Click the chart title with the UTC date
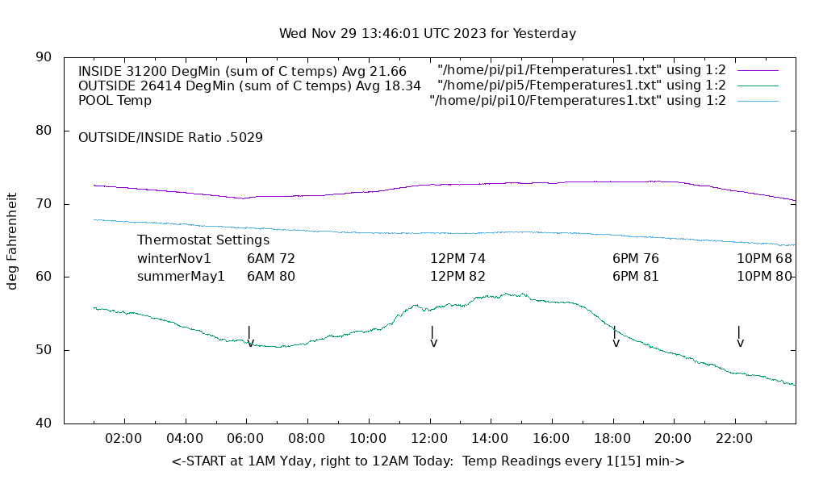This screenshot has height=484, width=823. (428, 34)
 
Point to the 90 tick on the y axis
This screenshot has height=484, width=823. (44, 57)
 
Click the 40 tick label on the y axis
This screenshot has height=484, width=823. (44, 423)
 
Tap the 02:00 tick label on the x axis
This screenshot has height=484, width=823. (124, 439)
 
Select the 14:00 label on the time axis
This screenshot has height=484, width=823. (490, 439)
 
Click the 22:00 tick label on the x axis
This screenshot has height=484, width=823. (734, 439)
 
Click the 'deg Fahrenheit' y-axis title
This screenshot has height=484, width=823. (12, 240)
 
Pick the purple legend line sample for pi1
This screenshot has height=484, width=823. (758, 70)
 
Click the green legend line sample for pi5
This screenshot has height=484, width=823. (758, 86)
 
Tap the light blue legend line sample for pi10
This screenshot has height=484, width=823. (758, 101)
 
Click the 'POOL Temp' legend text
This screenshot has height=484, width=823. (115, 101)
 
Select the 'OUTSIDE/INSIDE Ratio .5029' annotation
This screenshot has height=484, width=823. (170, 138)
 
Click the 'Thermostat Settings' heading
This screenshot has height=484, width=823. (203, 240)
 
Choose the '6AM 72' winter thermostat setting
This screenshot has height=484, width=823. (271, 259)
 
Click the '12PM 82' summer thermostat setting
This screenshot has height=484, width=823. (457, 277)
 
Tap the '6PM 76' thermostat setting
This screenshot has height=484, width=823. (636, 259)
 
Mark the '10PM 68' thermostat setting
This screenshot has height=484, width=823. (764, 259)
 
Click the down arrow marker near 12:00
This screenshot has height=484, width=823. (433, 336)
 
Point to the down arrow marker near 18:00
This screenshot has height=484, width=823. (616, 336)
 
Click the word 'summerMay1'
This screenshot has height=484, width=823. (181, 277)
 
